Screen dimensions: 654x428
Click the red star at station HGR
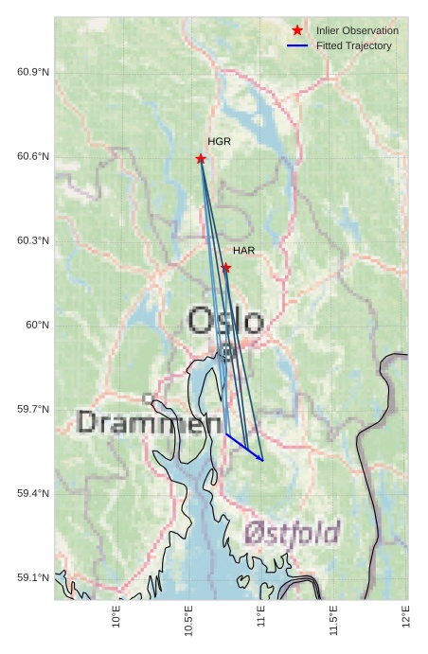click(201, 158)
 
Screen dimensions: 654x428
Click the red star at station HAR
click(226, 268)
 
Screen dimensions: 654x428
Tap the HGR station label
click(219, 141)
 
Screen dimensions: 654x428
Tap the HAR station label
click(244, 251)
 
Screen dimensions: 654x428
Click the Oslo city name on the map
click(225, 321)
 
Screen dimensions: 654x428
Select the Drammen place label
click(142, 422)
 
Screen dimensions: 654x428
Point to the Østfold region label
click(293, 533)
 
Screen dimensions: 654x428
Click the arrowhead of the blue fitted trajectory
click(261, 459)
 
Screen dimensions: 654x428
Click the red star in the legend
click(297, 30)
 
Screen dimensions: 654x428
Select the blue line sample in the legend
click(297, 45)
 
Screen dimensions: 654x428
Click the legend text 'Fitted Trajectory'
click(354, 45)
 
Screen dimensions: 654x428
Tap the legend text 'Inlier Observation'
click(357, 30)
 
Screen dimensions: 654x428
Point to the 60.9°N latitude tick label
click(33, 72)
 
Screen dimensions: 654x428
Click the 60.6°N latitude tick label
click(33, 156)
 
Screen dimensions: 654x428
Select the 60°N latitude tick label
click(37, 325)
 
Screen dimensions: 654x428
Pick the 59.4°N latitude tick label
click(33, 493)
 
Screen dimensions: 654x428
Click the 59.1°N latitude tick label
click(33, 577)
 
